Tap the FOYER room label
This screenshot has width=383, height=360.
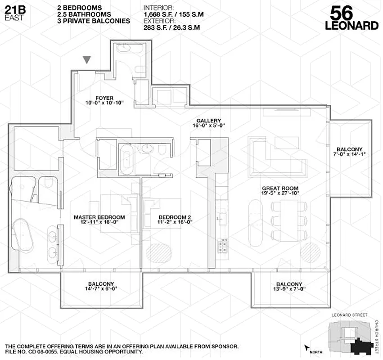click(104, 98)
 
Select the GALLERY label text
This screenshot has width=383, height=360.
click(208, 121)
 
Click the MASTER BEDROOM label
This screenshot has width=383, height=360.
click(99, 217)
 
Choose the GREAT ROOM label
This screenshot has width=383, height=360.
click(280, 188)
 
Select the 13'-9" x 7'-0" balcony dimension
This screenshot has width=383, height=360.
click(289, 289)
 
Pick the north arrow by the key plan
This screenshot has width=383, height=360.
click(308, 348)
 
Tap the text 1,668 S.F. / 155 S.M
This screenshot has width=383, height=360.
click(173, 15)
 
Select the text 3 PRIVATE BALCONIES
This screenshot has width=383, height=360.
click(94, 21)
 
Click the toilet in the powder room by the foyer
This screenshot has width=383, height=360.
click(140, 69)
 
